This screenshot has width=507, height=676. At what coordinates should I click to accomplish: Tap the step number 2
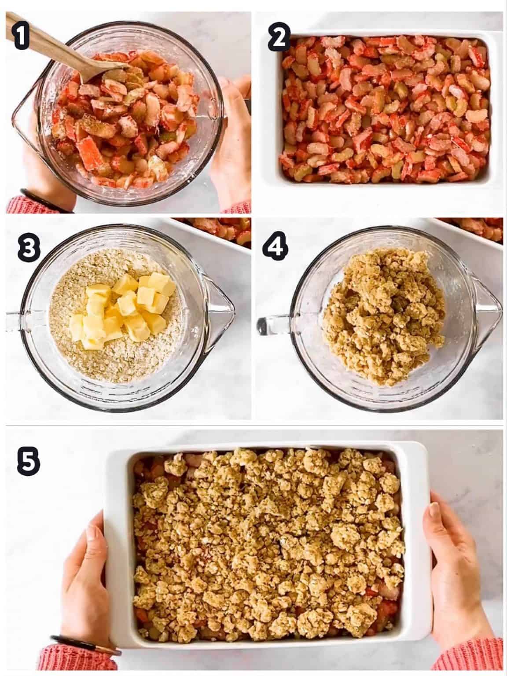[279, 38]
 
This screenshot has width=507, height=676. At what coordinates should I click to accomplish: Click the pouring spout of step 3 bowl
[220, 308]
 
